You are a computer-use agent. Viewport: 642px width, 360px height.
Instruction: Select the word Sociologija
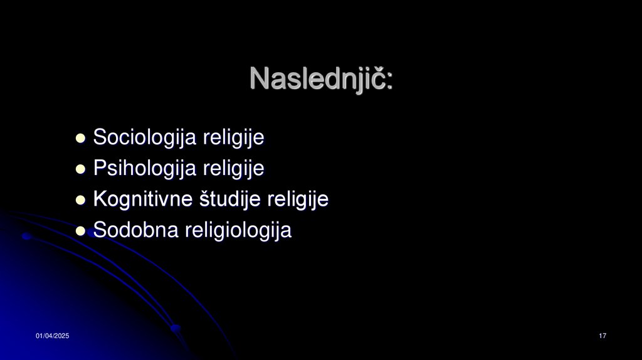(x=145, y=137)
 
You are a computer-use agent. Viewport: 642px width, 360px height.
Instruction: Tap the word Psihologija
(x=145, y=168)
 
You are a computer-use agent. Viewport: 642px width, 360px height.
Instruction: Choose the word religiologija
(x=238, y=231)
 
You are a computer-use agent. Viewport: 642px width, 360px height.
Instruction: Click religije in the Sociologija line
(x=233, y=137)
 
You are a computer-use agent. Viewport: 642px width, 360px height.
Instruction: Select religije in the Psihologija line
(x=233, y=168)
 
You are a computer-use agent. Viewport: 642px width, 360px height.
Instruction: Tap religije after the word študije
(x=298, y=199)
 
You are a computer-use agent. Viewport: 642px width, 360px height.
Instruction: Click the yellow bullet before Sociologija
(x=80, y=138)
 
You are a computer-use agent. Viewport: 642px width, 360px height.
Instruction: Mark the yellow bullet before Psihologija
(x=80, y=169)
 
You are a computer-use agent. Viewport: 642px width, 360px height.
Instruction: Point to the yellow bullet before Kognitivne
(x=80, y=201)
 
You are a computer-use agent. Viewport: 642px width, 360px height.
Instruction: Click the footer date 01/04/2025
(x=52, y=337)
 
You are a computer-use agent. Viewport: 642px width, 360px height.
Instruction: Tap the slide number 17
(x=603, y=337)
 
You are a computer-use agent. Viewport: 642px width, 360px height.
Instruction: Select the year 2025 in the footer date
(x=61, y=337)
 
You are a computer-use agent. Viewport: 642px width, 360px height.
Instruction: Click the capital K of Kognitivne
(x=99, y=199)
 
